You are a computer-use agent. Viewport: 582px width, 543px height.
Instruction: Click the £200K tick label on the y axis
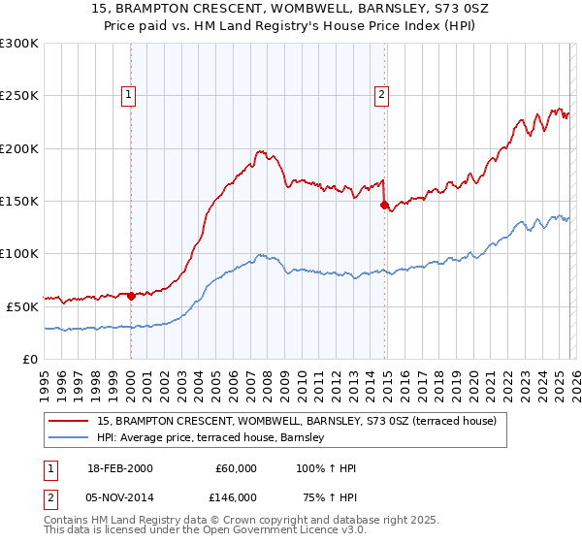pos(19,149)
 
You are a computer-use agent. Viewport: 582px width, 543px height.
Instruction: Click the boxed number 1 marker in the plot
pos(129,94)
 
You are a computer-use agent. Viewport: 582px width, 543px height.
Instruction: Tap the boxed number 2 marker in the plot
pos(382,94)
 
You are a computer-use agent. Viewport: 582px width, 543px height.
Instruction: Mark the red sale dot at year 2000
pos(131,296)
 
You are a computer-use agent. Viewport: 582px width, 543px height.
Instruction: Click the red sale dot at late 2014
pos(385,206)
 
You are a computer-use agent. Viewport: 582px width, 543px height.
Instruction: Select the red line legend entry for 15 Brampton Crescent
pos(297,421)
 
